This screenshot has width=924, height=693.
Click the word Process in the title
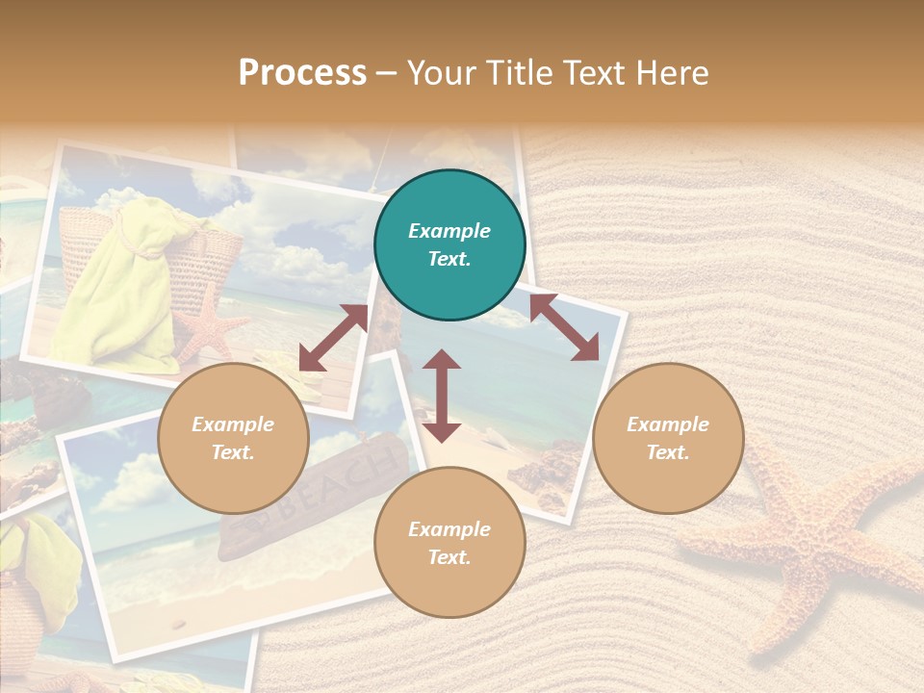302,73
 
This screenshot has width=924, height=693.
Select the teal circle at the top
449,245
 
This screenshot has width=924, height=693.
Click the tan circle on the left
233,438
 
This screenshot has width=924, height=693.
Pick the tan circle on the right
668,438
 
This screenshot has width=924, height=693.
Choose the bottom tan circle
449,542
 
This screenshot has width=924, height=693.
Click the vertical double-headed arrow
442,396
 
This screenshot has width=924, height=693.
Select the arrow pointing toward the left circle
333,338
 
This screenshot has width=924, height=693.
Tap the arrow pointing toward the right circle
565,327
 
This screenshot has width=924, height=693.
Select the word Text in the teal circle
449,259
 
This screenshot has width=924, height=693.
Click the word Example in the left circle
233,424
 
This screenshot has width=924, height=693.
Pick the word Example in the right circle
668,424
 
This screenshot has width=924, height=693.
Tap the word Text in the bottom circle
449,556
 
